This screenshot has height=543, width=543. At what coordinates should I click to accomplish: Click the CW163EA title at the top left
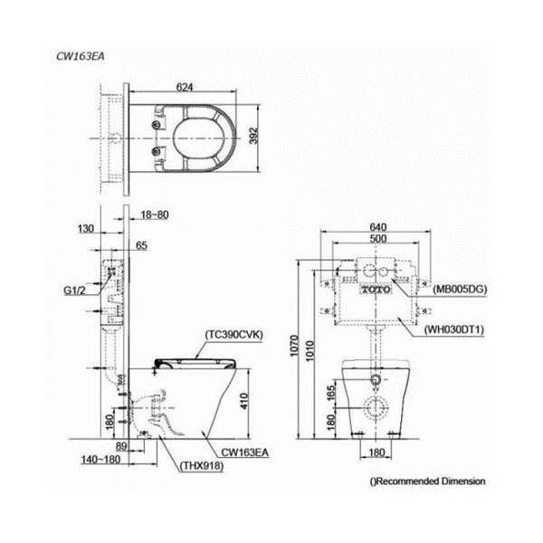click(81, 56)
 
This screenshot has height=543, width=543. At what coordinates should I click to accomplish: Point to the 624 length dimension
click(185, 87)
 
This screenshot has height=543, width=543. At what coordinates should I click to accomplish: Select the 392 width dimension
click(253, 136)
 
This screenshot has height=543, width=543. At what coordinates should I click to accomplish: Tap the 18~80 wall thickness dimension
click(155, 214)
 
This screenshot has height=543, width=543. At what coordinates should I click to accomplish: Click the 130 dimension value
click(86, 229)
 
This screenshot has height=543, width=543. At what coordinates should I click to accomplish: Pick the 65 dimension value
click(141, 245)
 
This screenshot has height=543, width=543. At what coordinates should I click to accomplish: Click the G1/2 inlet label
click(74, 291)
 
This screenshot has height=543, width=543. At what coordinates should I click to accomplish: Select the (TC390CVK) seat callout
click(233, 335)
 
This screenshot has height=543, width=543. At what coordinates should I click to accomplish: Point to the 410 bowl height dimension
click(244, 401)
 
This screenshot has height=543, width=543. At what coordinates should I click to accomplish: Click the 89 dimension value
click(121, 446)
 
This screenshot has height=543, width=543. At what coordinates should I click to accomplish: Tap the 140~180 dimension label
click(100, 460)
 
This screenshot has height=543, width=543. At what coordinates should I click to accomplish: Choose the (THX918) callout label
click(202, 466)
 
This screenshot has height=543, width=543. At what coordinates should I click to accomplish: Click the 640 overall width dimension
click(378, 227)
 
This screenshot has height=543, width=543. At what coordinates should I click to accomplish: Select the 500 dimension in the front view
click(378, 239)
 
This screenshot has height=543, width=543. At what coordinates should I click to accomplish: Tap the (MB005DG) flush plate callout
click(460, 289)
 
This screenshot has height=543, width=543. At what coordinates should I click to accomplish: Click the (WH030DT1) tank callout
click(454, 329)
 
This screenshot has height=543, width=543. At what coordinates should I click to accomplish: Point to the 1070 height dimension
click(294, 346)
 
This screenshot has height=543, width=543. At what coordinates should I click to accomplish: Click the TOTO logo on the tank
click(376, 290)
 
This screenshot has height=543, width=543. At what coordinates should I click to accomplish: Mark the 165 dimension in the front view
click(331, 393)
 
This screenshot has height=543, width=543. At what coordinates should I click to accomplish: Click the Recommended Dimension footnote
click(428, 481)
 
